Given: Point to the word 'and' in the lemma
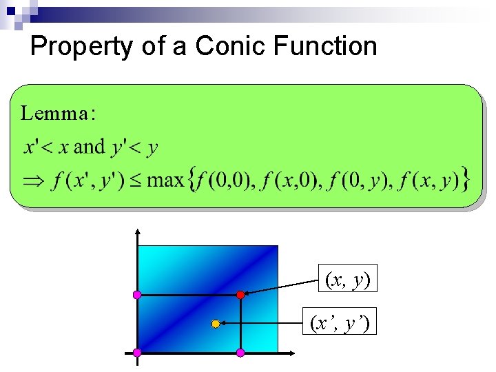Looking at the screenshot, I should coord(89,146).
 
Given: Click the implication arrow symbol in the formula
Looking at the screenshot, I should coord(34,181).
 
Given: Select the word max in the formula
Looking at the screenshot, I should coord(165,181).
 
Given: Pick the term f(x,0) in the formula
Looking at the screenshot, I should coord(293,181).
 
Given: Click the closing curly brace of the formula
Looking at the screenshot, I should coord(466,181).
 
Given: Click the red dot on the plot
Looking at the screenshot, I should coord(240,295).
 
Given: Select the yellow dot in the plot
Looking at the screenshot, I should coord(215,323).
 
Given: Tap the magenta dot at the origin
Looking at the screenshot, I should coord(137,353).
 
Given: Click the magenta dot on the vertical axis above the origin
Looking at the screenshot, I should coord(137,295).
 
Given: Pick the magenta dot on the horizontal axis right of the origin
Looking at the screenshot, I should coord(240,353).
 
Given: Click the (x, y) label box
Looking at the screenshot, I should coord(347,280).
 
